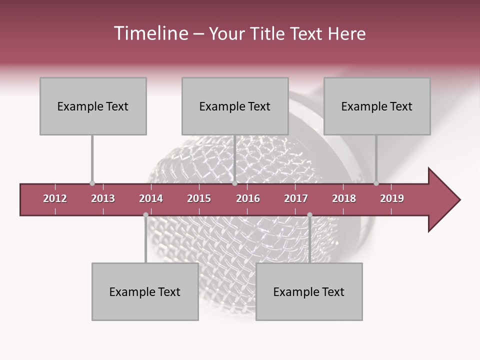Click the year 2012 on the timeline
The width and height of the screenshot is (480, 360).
pyautogui.click(x=55, y=198)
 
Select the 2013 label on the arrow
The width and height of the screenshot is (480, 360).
pyautogui.click(x=103, y=198)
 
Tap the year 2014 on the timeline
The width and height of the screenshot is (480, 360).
pyautogui.click(x=151, y=198)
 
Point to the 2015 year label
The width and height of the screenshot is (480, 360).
pyautogui.click(x=199, y=198)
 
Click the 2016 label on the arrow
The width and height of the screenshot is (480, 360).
pyautogui.click(x=248, y=198)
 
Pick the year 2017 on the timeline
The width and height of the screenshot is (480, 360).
pyautogui.click(x=296, y=198)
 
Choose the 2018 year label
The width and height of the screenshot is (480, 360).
pyautogui.click(x=344, y=198)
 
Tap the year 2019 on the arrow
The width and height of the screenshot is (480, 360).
pyautogui.click(x=392, y=198)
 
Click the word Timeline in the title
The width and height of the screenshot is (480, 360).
pyautogui.click(x=150, y=33)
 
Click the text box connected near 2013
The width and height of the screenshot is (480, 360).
pyautogui.click(x=93, y=106)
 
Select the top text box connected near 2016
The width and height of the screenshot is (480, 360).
pyautogui.click(x=235, y=106)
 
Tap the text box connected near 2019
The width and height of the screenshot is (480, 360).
pyautogui.click(x=377, y=106)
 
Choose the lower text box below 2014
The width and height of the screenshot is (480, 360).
pyautogui.click(x=145, y=291)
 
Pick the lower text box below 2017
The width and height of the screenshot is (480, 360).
pyautogui.click(x=309, y=291)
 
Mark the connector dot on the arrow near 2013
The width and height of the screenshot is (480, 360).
pyautogui.click(x=92, y=183)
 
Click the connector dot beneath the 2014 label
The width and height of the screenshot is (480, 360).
pyautogui.click(x=145, y=215)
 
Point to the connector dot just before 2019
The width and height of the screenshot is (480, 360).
pyautogui.click(x=376, y=183)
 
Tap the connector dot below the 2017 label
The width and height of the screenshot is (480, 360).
pyautogui.click(x=309, y=215)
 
